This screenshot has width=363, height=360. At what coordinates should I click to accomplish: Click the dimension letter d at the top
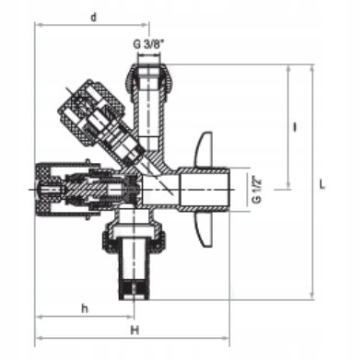94,16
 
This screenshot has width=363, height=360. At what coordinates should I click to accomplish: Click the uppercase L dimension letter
322,184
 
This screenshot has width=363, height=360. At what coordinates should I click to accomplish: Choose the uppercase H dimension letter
135,329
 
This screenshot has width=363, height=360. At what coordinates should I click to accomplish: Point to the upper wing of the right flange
205,147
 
